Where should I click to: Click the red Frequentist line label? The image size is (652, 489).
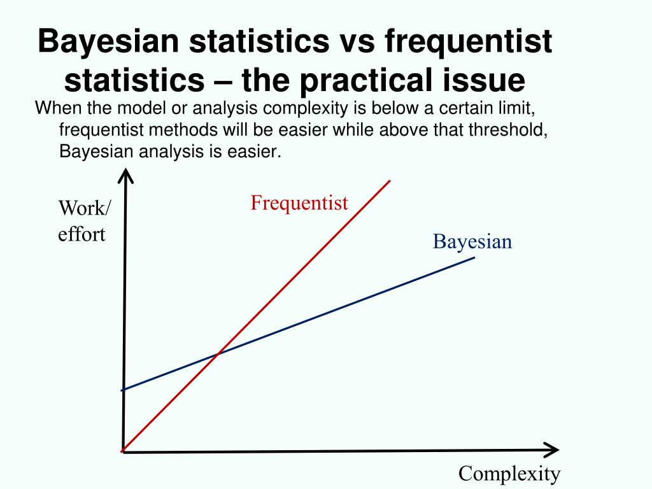coord(299,203)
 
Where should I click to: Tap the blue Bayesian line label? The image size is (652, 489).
coord(472,242)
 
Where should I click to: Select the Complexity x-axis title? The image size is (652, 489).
coord(509,474)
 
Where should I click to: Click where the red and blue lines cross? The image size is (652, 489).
coord(218,353)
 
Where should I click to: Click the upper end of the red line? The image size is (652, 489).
coord(389,181)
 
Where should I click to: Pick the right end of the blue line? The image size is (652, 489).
coord(474,257)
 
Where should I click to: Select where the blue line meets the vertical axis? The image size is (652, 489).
coord(122,390)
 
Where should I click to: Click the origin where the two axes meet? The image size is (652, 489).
coord(122,451)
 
